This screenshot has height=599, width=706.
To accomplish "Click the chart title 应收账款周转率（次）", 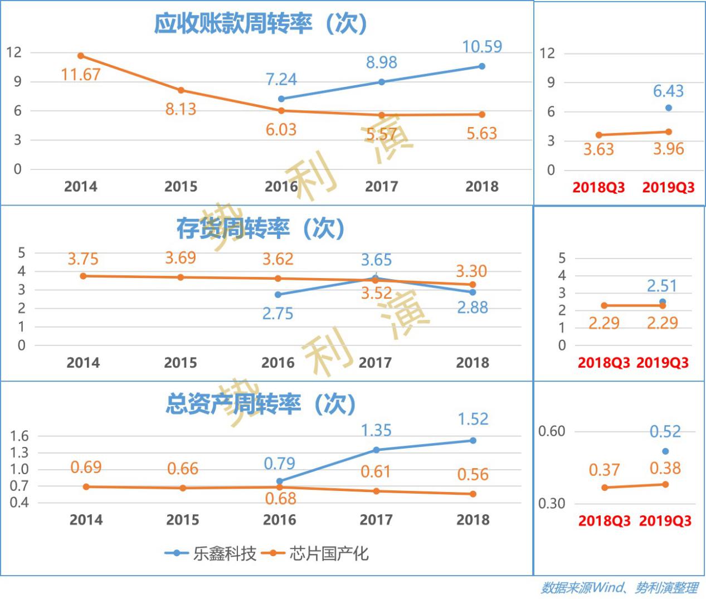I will [261, 23].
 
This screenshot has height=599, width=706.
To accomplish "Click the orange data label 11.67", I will [80, 74].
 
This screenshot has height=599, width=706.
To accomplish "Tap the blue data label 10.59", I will [482, 46].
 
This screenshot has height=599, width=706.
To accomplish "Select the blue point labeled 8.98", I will [382, 82].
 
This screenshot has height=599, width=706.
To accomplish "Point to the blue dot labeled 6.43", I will [668, 108].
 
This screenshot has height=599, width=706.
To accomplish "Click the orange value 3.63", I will [598, 149].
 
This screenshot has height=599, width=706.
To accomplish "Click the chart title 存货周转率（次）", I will [261, 228].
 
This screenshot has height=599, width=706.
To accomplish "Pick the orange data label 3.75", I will [83, 259].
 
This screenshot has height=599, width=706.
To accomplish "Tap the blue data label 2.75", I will [277, 313].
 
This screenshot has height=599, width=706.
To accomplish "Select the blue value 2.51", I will [661, 286].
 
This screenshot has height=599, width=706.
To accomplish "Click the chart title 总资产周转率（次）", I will [261, 404].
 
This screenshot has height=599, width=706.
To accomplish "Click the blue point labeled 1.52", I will [473, 440].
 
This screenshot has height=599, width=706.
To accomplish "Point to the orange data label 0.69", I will [86, 467].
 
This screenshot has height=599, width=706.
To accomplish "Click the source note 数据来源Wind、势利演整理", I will [619, 587].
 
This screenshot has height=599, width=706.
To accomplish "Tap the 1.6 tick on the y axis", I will [19, 436].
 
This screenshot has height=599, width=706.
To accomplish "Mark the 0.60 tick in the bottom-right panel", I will [551, 431].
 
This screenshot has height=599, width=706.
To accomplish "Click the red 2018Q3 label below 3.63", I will [598, 187].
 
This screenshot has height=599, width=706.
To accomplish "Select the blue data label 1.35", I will [376, 430].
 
